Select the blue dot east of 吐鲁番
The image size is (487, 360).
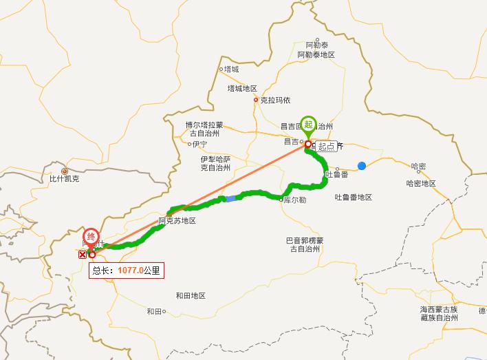tap(362, 166)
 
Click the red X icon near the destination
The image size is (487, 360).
tap(83, 254)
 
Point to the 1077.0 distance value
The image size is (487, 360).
tap(130, 271)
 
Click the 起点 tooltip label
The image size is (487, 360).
tap(327, 146)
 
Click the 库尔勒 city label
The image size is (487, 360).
tap(294, 200)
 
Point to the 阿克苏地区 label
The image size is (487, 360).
tap(177, 221)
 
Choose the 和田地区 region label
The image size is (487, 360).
tap(191, 295)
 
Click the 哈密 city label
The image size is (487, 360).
tap(418, 167)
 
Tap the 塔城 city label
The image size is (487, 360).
tap(230, 70)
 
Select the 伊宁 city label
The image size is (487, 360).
tap(199, 144)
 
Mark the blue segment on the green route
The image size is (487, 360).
tap(231, 198)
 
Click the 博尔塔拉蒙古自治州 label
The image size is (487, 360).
tap(204, 129)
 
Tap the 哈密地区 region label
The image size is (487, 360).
tap(421, 183)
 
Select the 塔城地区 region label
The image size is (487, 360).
tap(241, 89)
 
